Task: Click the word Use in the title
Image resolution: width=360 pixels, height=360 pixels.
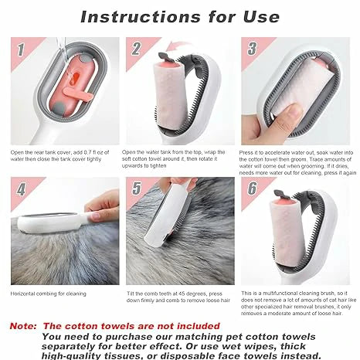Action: (x=261, y=17)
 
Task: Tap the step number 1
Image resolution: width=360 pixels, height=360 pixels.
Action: (x=21, y=49)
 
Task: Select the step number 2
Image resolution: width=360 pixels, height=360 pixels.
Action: (x=136, y=49)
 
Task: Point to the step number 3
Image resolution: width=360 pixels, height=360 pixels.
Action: (x=252, y=49)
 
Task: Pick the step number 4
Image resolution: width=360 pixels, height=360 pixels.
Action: (x=21, y=189)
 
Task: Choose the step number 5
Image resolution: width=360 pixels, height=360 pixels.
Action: (x=137, y=188)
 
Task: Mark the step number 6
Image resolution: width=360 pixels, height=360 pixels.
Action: (x=253, y=188)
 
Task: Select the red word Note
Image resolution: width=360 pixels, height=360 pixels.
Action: (x=23, y=326)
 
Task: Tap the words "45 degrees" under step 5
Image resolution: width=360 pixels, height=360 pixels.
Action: (x=192, y=294)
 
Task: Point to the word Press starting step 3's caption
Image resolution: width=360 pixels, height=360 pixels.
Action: (x=246, y=152)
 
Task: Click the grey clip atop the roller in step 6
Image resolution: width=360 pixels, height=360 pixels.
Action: (x=280, y=194)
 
